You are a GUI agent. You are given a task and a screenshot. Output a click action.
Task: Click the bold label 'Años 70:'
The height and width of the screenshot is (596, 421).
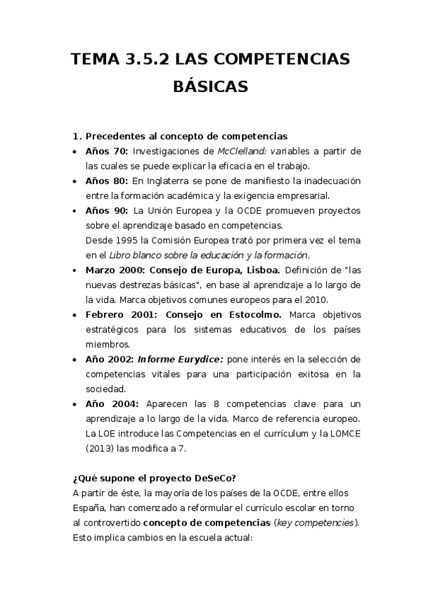coord(106,151)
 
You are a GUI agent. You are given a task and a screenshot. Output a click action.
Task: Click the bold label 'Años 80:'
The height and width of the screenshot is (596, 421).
coord(106,181)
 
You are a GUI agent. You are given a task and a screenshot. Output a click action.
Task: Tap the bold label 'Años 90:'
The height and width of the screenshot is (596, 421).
coord(106,210)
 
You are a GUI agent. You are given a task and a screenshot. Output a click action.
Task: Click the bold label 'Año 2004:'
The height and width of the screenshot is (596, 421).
coord(108,403)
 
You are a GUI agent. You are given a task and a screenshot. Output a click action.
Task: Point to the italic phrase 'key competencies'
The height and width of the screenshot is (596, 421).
coord(316,522)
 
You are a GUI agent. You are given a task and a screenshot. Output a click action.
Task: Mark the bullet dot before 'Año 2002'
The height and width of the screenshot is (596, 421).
coord(75,359)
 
